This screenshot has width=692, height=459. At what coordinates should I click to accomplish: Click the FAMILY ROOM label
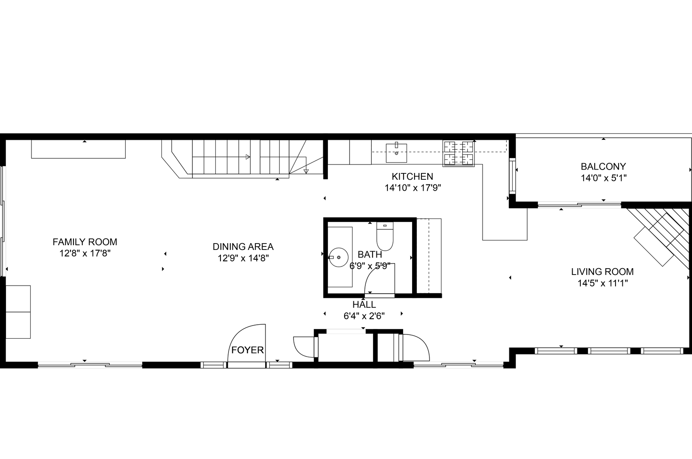85,242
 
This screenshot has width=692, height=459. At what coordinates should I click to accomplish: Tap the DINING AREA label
243,246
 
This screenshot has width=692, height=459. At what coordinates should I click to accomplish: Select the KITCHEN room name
412,176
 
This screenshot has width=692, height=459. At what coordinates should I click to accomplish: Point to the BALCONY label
603,167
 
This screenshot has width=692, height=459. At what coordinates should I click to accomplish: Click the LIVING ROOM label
602,272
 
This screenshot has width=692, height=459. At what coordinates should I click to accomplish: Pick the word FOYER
248,350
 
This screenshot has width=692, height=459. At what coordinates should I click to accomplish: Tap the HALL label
364,304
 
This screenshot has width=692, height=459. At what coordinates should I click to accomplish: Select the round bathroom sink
339,257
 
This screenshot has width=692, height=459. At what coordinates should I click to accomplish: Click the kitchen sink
396,153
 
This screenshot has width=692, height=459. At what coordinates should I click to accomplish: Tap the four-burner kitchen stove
459,153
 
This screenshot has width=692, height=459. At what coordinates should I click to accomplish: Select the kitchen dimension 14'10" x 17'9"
413,188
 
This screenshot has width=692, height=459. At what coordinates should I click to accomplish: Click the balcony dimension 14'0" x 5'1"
604,178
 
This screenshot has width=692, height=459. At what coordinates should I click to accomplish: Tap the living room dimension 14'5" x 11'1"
602,283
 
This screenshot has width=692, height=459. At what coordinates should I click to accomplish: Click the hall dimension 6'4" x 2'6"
364,316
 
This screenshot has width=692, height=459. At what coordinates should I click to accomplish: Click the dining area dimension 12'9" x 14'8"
243,258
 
